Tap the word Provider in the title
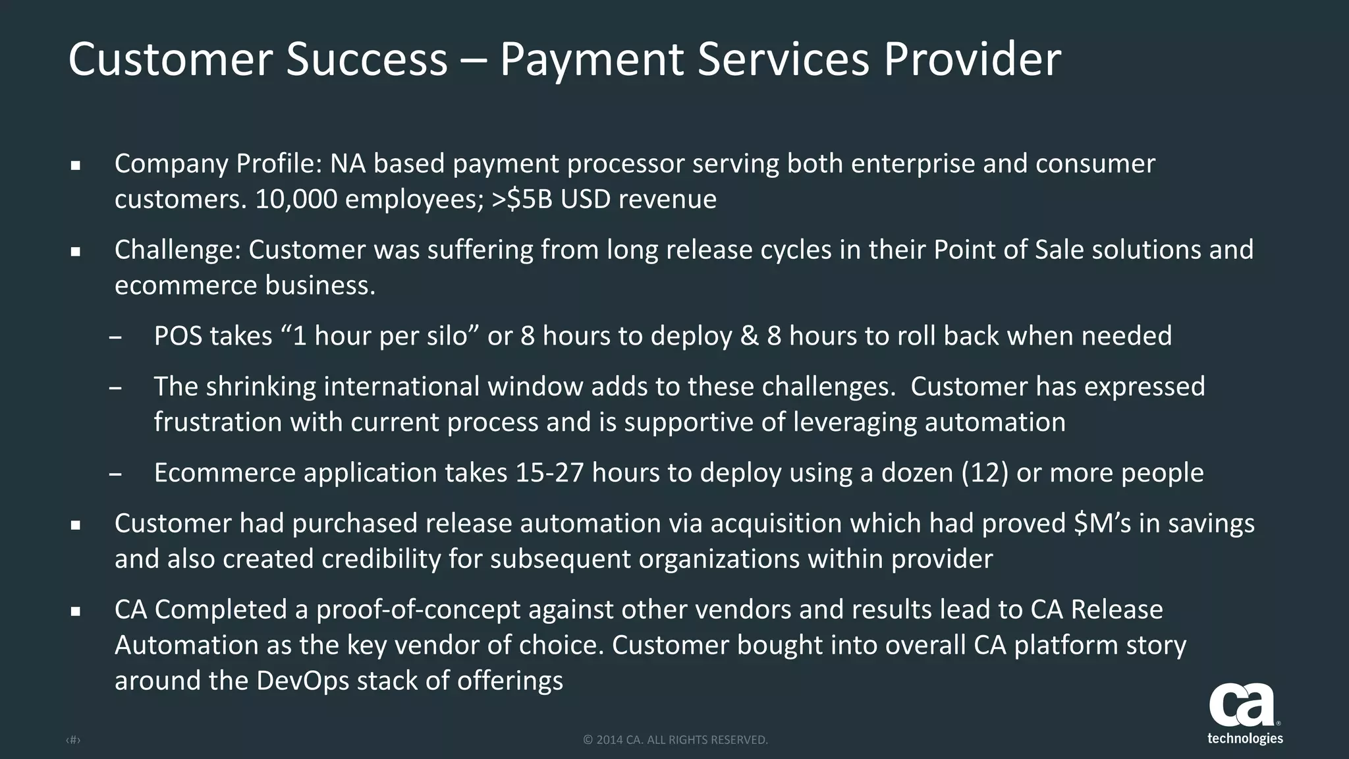(x=972, y=60)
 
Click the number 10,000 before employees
(x=296, y=199)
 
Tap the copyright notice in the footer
(x=675, y=740)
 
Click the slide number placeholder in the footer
(x=73, y=741)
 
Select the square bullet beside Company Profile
(x=76, y=165)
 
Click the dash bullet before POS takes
(x=115, y=337)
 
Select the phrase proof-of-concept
(x=418, y=609)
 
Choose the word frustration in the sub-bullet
(x=217, y=422)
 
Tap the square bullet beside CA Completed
(x=76, y=611)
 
